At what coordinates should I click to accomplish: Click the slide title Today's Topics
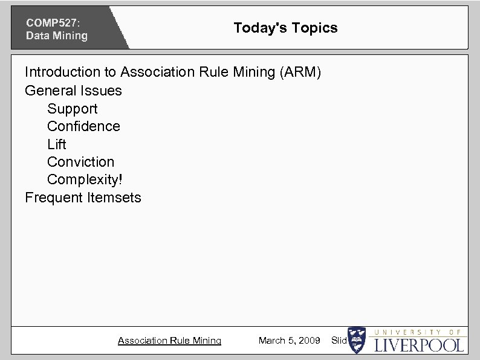tap(285, 28)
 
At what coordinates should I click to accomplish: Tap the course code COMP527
tap(53, 22)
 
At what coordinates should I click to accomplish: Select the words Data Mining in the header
tap(57, 36)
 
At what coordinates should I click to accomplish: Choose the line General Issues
tap(73, 91)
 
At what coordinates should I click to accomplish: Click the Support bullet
tap(72, 109)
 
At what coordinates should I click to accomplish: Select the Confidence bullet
tap(83, 126)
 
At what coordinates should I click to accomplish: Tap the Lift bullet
tap(57, 144)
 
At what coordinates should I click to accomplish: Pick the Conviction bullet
tap(80, 162)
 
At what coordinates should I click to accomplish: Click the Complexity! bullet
tap(85, 180)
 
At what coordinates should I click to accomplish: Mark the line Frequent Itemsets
tap(83, 198)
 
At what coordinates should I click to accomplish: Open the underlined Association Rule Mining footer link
tap(169, 341)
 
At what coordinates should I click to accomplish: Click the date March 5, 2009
tap(289, 341)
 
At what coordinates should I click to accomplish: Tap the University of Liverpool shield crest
tap(357, 340)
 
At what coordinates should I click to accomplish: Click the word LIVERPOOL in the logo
tap(419, 346)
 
